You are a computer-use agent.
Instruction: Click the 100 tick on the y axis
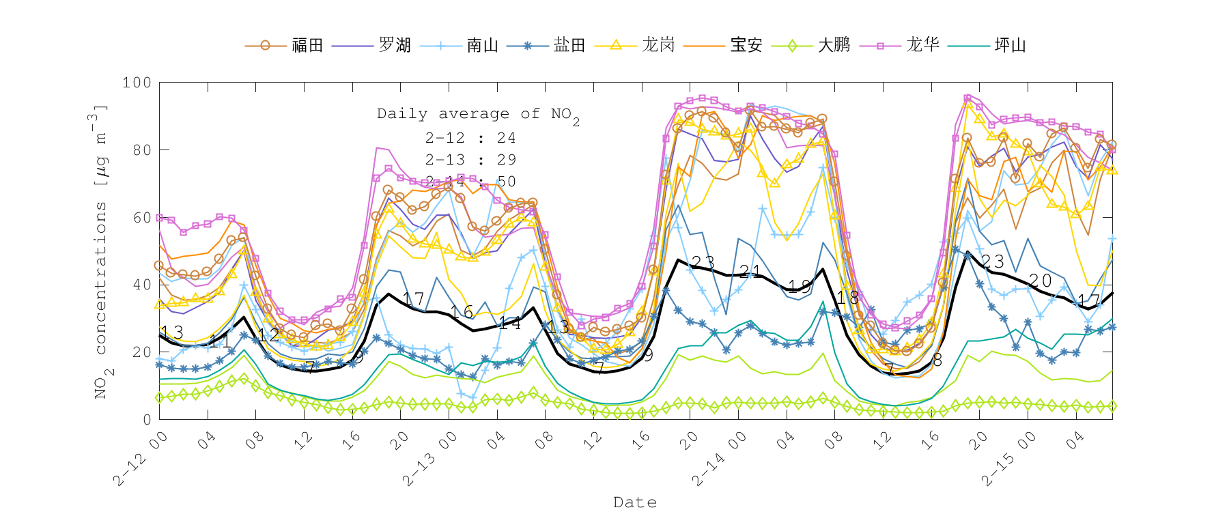(x=137, y=83)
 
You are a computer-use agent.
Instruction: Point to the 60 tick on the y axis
(x=141, y=218)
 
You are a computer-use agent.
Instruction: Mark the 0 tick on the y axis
(x=147, y=419)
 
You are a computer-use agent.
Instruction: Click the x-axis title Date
(x=635, y=502)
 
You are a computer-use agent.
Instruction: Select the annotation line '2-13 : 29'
(x=470, y=160)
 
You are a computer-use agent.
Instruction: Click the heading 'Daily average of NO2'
(x=478, y=115)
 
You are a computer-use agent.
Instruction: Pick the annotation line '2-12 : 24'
(x=470, y=138)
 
